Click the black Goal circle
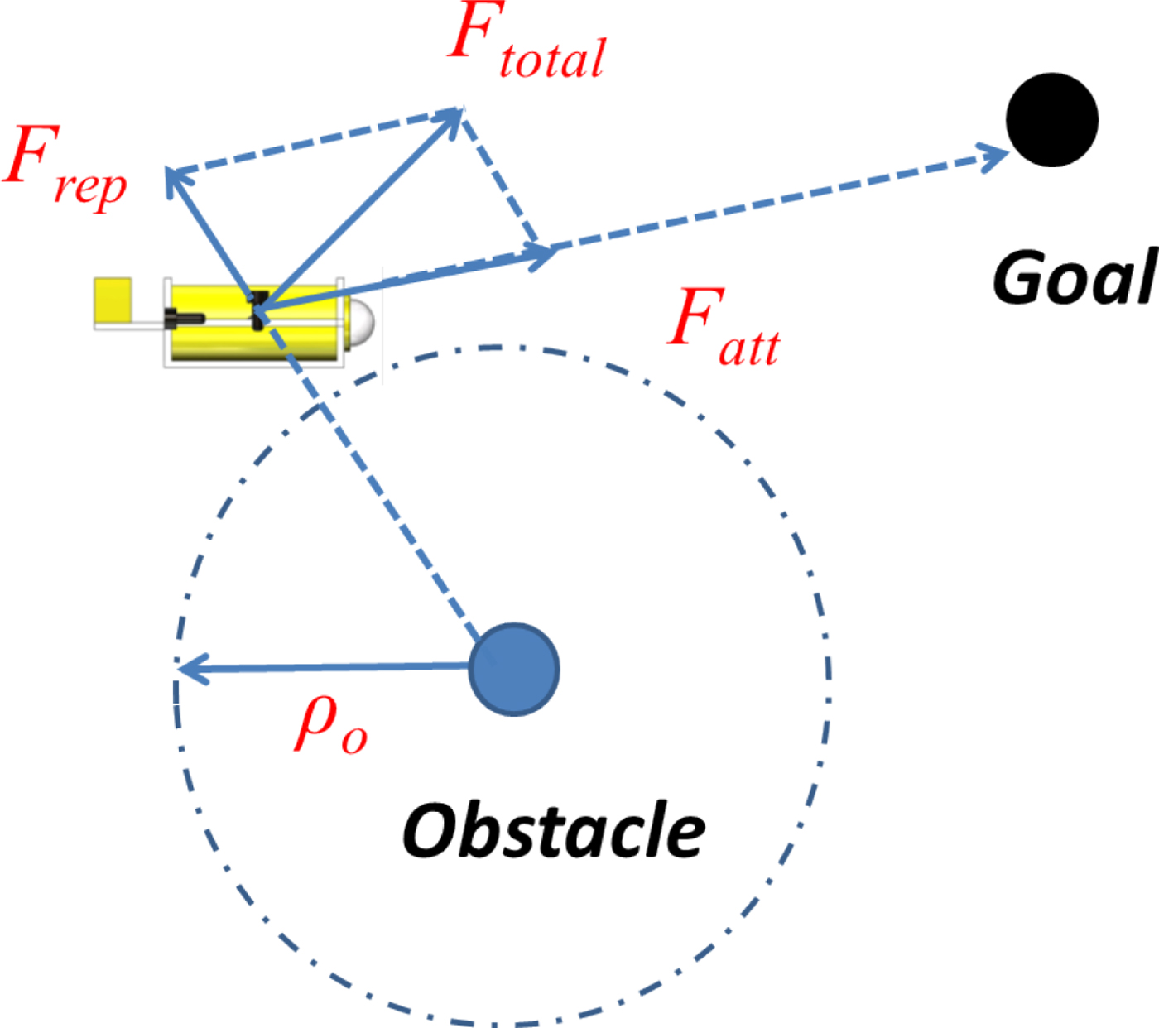tap(1051, 120)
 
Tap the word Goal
tap(1074, 278)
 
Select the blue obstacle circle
tap(514, 669)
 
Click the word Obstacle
tap(553, 831)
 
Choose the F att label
tap(723, 328)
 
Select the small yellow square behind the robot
tap(113, 300)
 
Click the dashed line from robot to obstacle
tap(381, 488)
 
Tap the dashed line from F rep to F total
tap(315, 141)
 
